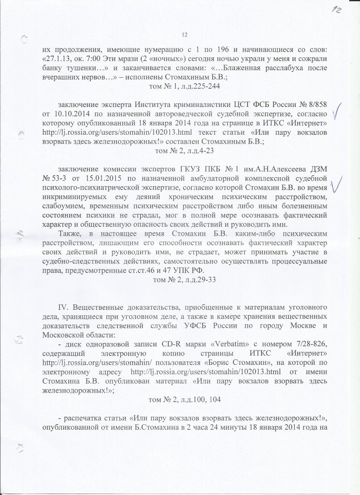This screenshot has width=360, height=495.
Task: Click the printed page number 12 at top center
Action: coord(184,34)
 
